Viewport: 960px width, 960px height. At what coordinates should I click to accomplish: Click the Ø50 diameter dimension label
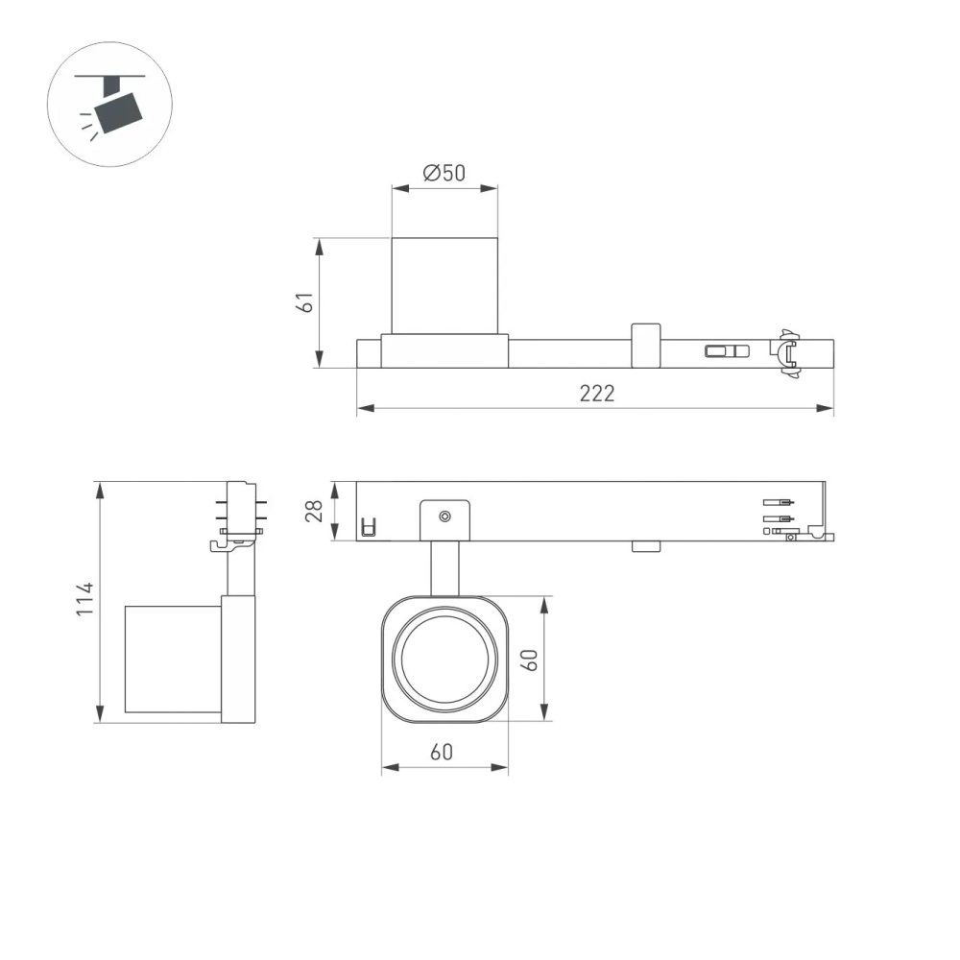(x=444, y=173)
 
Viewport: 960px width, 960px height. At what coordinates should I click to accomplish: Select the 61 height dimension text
(x=305, y=301)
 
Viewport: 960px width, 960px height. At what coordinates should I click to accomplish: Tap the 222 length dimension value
(x=595, y=394)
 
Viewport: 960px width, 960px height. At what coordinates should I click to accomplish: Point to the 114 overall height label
(x=86, y=599)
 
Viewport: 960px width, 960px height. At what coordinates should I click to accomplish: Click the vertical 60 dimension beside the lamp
(x=530, y=659)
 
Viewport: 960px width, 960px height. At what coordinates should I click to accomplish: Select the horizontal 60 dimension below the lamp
(x=441, y=753)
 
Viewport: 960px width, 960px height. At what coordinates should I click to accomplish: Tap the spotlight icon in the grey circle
(x=109, y=105)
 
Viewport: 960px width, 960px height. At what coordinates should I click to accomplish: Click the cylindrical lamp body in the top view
(x=444, y=285)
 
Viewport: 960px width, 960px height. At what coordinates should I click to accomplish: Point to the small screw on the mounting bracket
(x=444, y=516)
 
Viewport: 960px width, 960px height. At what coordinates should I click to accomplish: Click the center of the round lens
(x=445, y=659)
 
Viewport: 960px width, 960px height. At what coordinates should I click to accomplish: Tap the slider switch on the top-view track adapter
(x=727, y=350)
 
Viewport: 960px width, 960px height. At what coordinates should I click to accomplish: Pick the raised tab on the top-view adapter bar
(x=645, y=346)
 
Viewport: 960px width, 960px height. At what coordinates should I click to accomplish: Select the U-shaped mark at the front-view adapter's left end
(x=367, y=526)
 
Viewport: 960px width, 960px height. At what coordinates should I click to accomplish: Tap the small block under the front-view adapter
(x=645, y=547)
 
